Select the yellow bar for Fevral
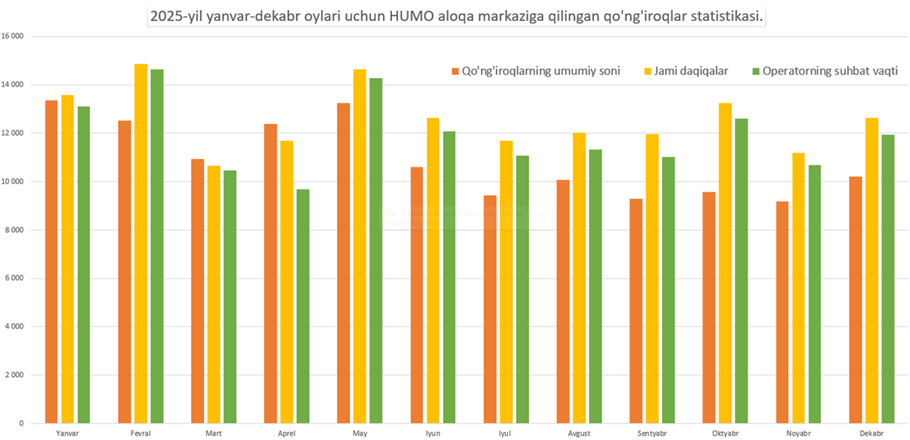(x=141, y=244)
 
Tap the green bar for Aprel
(x=303, y=306)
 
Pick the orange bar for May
(x=344, y=263)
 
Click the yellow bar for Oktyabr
(x=725, y=263)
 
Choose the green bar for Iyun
(x=449, y=277)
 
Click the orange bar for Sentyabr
(x=636, y=311)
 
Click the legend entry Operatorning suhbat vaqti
(x=830, y=71)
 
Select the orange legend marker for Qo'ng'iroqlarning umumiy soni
(x=455, y=71)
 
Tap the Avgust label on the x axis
(x=580, y=433)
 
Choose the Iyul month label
(x=506, y=433)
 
